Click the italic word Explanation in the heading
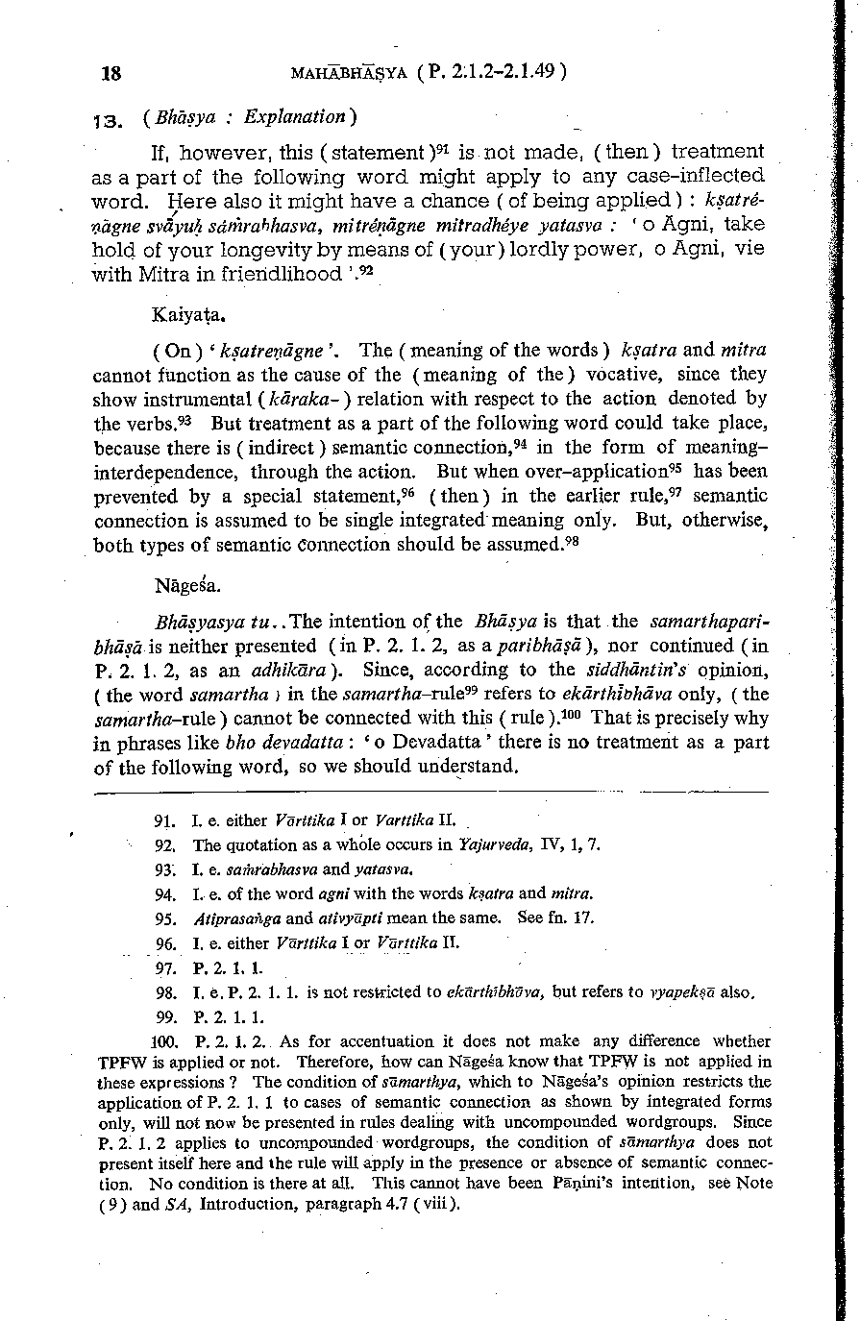point(294,117)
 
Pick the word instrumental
point(203,398)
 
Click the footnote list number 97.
point(164,966)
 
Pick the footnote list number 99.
point(164,1015)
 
